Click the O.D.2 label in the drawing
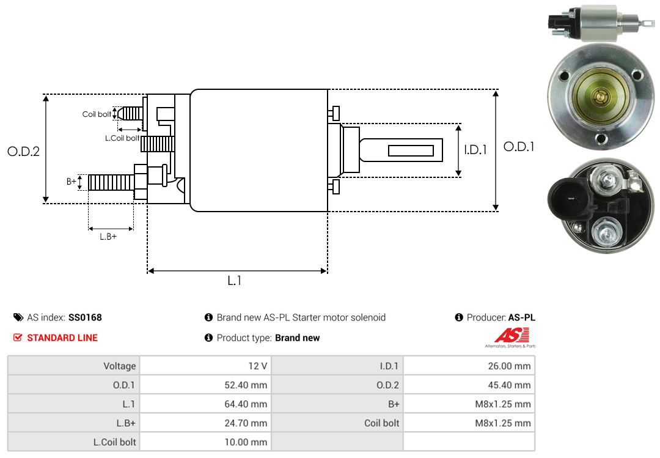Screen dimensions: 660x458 pos(24,151)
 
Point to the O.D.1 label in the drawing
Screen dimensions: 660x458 pos(519,147)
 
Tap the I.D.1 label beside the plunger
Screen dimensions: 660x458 pos(475,150)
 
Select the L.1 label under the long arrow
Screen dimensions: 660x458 pos(235,281)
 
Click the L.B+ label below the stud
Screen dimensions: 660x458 pos(108,237)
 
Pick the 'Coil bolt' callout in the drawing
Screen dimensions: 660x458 pos(97,114)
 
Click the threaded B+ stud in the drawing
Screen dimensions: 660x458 pos(111,182)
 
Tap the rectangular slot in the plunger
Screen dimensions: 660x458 pos(411,150)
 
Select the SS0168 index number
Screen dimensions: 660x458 pos(85,318)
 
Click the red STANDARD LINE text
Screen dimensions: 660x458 pos(62,338)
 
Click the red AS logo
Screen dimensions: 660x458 pos(512,336)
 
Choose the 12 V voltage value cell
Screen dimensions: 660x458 pos(205,366)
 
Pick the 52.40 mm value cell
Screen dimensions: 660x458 pos(205,385)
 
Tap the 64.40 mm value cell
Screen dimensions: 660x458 pos(205,404)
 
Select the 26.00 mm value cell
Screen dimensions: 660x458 pos(469,366)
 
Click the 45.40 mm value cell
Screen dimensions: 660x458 pos(469,385)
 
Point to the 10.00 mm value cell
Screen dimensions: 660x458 pos(205,442)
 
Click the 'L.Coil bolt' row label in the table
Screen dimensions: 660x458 pos(114,442)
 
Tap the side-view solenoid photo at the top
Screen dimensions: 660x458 pos(601,23)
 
